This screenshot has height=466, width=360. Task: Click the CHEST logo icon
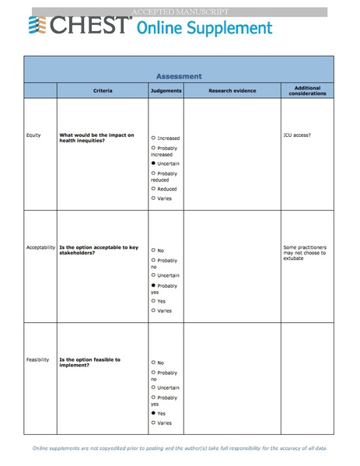click(38, 26)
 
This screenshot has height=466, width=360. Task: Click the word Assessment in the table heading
click(179, 76)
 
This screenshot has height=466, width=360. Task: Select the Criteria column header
click(103, 91)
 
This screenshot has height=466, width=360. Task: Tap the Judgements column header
click(166, 91)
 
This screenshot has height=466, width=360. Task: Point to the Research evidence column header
click(232, 91)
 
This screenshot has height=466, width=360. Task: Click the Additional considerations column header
click(306, 91)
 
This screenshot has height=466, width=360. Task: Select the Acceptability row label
click(40, 247)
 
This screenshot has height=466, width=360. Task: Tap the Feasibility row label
click(37, 359)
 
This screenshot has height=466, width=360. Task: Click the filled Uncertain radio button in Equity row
click(154, 164)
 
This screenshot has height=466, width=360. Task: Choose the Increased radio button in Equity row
click(154, 138)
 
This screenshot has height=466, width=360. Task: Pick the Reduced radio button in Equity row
click(154, 189)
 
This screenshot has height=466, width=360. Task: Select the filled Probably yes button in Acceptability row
click(154, 286)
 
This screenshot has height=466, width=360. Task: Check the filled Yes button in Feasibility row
click(154, 413)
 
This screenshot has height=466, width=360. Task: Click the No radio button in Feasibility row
click(154, 363)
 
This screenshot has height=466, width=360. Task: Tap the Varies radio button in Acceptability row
click(154, 310)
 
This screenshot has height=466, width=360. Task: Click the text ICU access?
click(298, 135)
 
